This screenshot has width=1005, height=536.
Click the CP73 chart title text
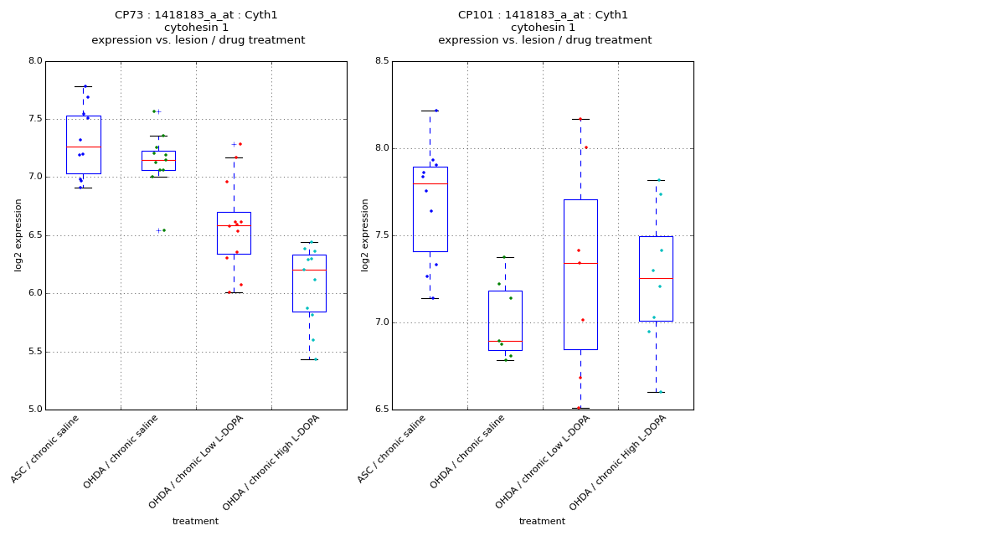pos(198,15)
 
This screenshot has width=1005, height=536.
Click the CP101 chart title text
pos(543,15)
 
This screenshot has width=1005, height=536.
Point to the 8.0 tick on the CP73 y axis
pos(35,61)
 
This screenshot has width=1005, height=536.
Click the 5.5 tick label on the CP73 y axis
pos(35,352)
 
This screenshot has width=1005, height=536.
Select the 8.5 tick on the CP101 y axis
pos(382,61)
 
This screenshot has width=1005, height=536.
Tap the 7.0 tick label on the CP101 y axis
pos(382,322)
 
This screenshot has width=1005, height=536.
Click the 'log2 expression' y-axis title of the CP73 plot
pos(18,234)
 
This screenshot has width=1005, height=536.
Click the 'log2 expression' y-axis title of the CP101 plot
pos(365,234)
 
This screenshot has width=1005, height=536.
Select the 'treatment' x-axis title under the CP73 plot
pos(195,521)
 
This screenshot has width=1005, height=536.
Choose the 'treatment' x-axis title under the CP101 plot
pos(542,521)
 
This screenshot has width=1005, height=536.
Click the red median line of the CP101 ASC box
pos(430,183)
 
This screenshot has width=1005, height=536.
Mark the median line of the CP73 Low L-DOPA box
pos(234,225)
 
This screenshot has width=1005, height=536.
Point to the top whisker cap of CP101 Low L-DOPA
pos(580,119)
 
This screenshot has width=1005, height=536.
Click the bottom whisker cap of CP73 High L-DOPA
pos(309,359)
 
